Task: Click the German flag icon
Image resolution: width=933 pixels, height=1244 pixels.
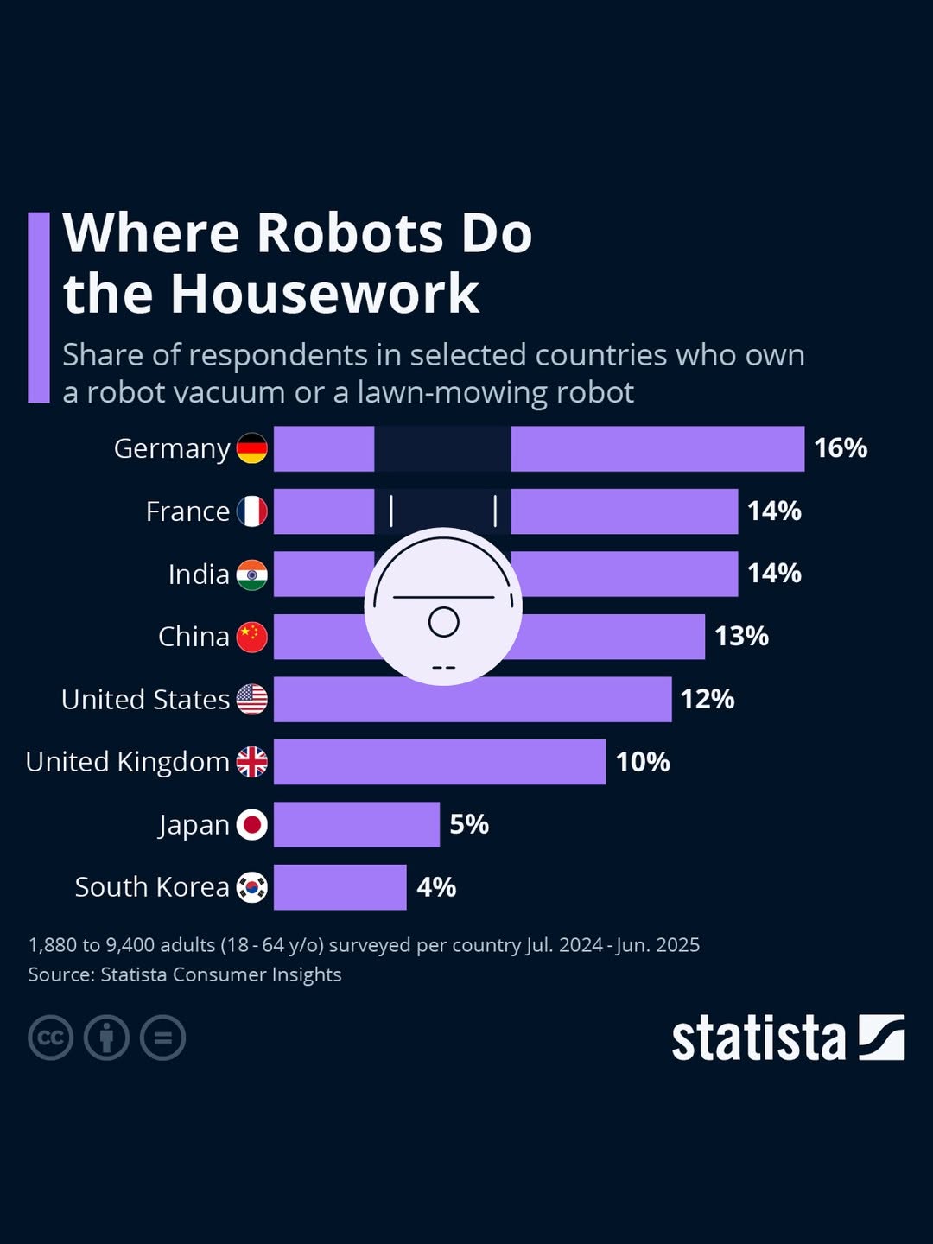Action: click(x=252, y=448)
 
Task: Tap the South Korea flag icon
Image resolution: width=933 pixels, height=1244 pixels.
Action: click(x=252, y=887)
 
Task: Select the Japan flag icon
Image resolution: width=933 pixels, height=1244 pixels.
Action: click(x=252, y=825)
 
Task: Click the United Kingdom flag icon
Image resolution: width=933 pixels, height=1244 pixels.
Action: click(x=252, y=762)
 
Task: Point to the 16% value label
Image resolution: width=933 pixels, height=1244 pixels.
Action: click(x=841, y=448)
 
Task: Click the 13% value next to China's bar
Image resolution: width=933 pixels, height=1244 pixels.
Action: click(x=741, y=637)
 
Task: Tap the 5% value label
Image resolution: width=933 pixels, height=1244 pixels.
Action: click(x=469, y=825)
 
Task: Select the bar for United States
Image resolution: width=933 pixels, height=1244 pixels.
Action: click(x=473, y=700)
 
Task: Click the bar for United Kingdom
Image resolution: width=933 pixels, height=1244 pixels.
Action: click(x=440, y=762)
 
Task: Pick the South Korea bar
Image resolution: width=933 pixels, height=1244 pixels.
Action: click(x=340, y=887)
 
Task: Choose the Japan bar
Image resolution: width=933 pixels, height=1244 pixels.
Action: click(x=357, y=825)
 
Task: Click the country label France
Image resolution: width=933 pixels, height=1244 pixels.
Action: click(x=187, y=511)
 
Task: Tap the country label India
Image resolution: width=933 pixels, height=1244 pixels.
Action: click(x=199, y=574)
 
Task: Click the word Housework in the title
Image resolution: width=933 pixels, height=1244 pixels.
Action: click(x=324, y=294)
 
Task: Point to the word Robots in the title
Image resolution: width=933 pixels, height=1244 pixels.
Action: click(x=350, y=233)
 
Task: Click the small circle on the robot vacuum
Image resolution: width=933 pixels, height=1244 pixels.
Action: click(x=444, y=622)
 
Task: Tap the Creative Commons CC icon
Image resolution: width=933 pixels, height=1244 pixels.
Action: click(x=50, y=1038)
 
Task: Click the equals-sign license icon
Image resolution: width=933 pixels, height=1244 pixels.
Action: click(x=163, y=1038)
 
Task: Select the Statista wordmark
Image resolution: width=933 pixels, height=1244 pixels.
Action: click(x=758, y=1038)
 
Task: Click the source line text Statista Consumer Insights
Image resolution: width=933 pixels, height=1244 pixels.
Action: click(x=221, y=974)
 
